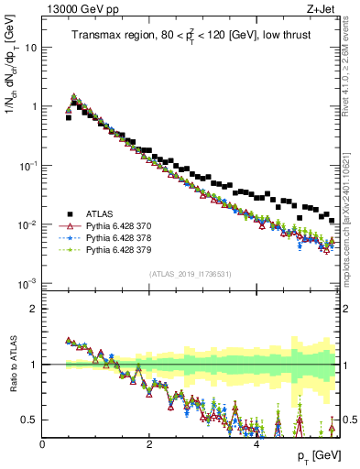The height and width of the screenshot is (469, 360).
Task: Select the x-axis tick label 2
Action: [x=150, y=443]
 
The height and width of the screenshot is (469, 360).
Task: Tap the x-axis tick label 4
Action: [x=257, y=443]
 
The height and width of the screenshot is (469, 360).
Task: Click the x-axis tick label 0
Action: [x=43, y=443]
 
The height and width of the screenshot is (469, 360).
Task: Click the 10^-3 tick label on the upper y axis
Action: [x=27, y=283]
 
